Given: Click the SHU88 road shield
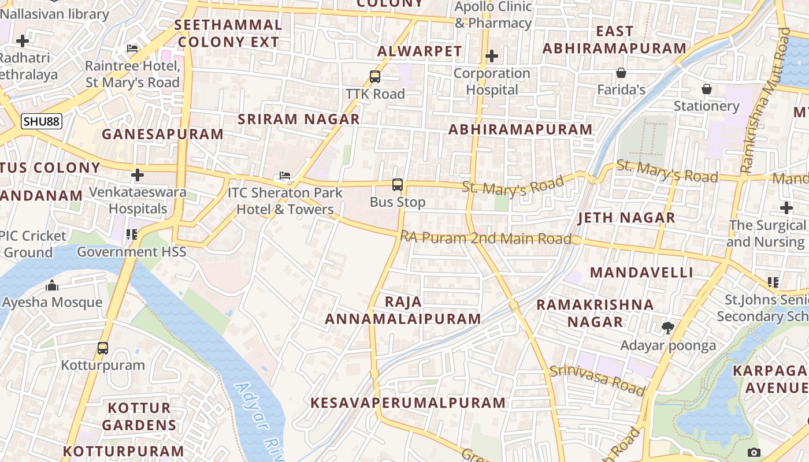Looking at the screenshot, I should (42, 121).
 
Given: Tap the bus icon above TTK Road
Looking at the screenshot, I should (375, 76).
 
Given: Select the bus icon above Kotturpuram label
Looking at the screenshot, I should (103, 348).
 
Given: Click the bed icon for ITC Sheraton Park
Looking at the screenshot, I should (284, 176).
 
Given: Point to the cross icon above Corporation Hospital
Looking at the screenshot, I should (492, 56).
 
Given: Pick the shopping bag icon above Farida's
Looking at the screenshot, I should (621, 73).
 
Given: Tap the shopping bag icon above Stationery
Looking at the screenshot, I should (706, 89).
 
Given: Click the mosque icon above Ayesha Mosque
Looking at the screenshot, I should (52, 285).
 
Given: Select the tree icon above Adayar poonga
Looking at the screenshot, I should (668, 328).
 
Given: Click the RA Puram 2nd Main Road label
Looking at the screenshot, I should (486, 237).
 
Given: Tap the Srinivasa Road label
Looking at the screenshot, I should (597, 380).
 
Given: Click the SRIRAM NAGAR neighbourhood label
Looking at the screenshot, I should (299, 120).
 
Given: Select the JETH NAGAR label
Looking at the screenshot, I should (626, 218).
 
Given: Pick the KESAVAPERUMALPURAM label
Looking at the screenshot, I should (408, 403).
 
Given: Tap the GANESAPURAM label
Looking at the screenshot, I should (162, 134).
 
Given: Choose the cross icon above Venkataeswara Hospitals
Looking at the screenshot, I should (138, 175).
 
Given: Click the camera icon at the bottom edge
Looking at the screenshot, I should (754, 452).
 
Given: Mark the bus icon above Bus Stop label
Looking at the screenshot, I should (398, 185).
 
